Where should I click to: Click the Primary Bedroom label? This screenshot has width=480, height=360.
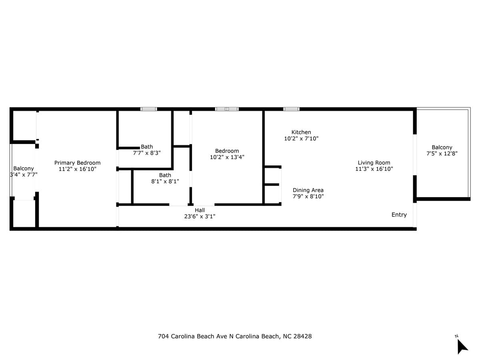click(77, 163)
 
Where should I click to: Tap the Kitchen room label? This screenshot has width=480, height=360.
click(301, 132)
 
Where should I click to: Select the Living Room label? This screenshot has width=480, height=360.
click(374, 163)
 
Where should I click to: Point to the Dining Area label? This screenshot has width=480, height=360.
click(308, 190)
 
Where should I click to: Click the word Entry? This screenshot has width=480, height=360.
click(399, 215)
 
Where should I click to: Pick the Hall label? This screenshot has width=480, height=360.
click(200, 210)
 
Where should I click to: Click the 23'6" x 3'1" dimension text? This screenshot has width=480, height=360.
click(200, 216)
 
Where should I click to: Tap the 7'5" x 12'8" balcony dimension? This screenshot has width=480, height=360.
click(442, 154)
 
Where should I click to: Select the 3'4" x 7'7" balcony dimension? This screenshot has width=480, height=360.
click(24, 175)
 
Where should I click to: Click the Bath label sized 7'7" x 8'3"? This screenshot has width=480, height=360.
click(147, 147)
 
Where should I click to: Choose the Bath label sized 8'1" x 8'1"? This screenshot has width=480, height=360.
click(165, 175)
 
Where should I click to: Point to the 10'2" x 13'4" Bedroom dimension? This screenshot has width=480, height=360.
click(227, 157)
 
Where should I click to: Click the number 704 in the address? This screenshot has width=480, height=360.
click(163, 336)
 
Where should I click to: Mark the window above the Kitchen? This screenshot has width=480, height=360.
click(291, 109)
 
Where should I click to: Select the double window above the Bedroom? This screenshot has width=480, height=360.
click(227, 109)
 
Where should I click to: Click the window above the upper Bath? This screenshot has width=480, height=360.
click(149, 109)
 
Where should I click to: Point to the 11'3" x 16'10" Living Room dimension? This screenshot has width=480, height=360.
click(374, 169)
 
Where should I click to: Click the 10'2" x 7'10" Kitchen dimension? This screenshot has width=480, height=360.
click(301, 138)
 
